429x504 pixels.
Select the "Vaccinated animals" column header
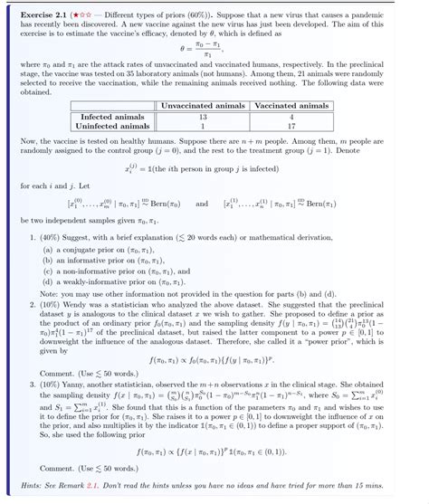pyautogui.click(x=291, y=106)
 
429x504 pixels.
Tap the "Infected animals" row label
pyautogui.click(x=111, y=117)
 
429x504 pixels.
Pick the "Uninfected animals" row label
pyautogui.click(x=111, y=126)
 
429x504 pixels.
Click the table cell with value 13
pyautogui.click(x=202, y=117)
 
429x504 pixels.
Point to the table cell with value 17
pyautogui.click(x=291, y=126)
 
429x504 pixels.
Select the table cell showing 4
pyautogui.click(x=291, y=117)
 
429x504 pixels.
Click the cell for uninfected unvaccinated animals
pyautogui.click(x=202, y=126)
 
